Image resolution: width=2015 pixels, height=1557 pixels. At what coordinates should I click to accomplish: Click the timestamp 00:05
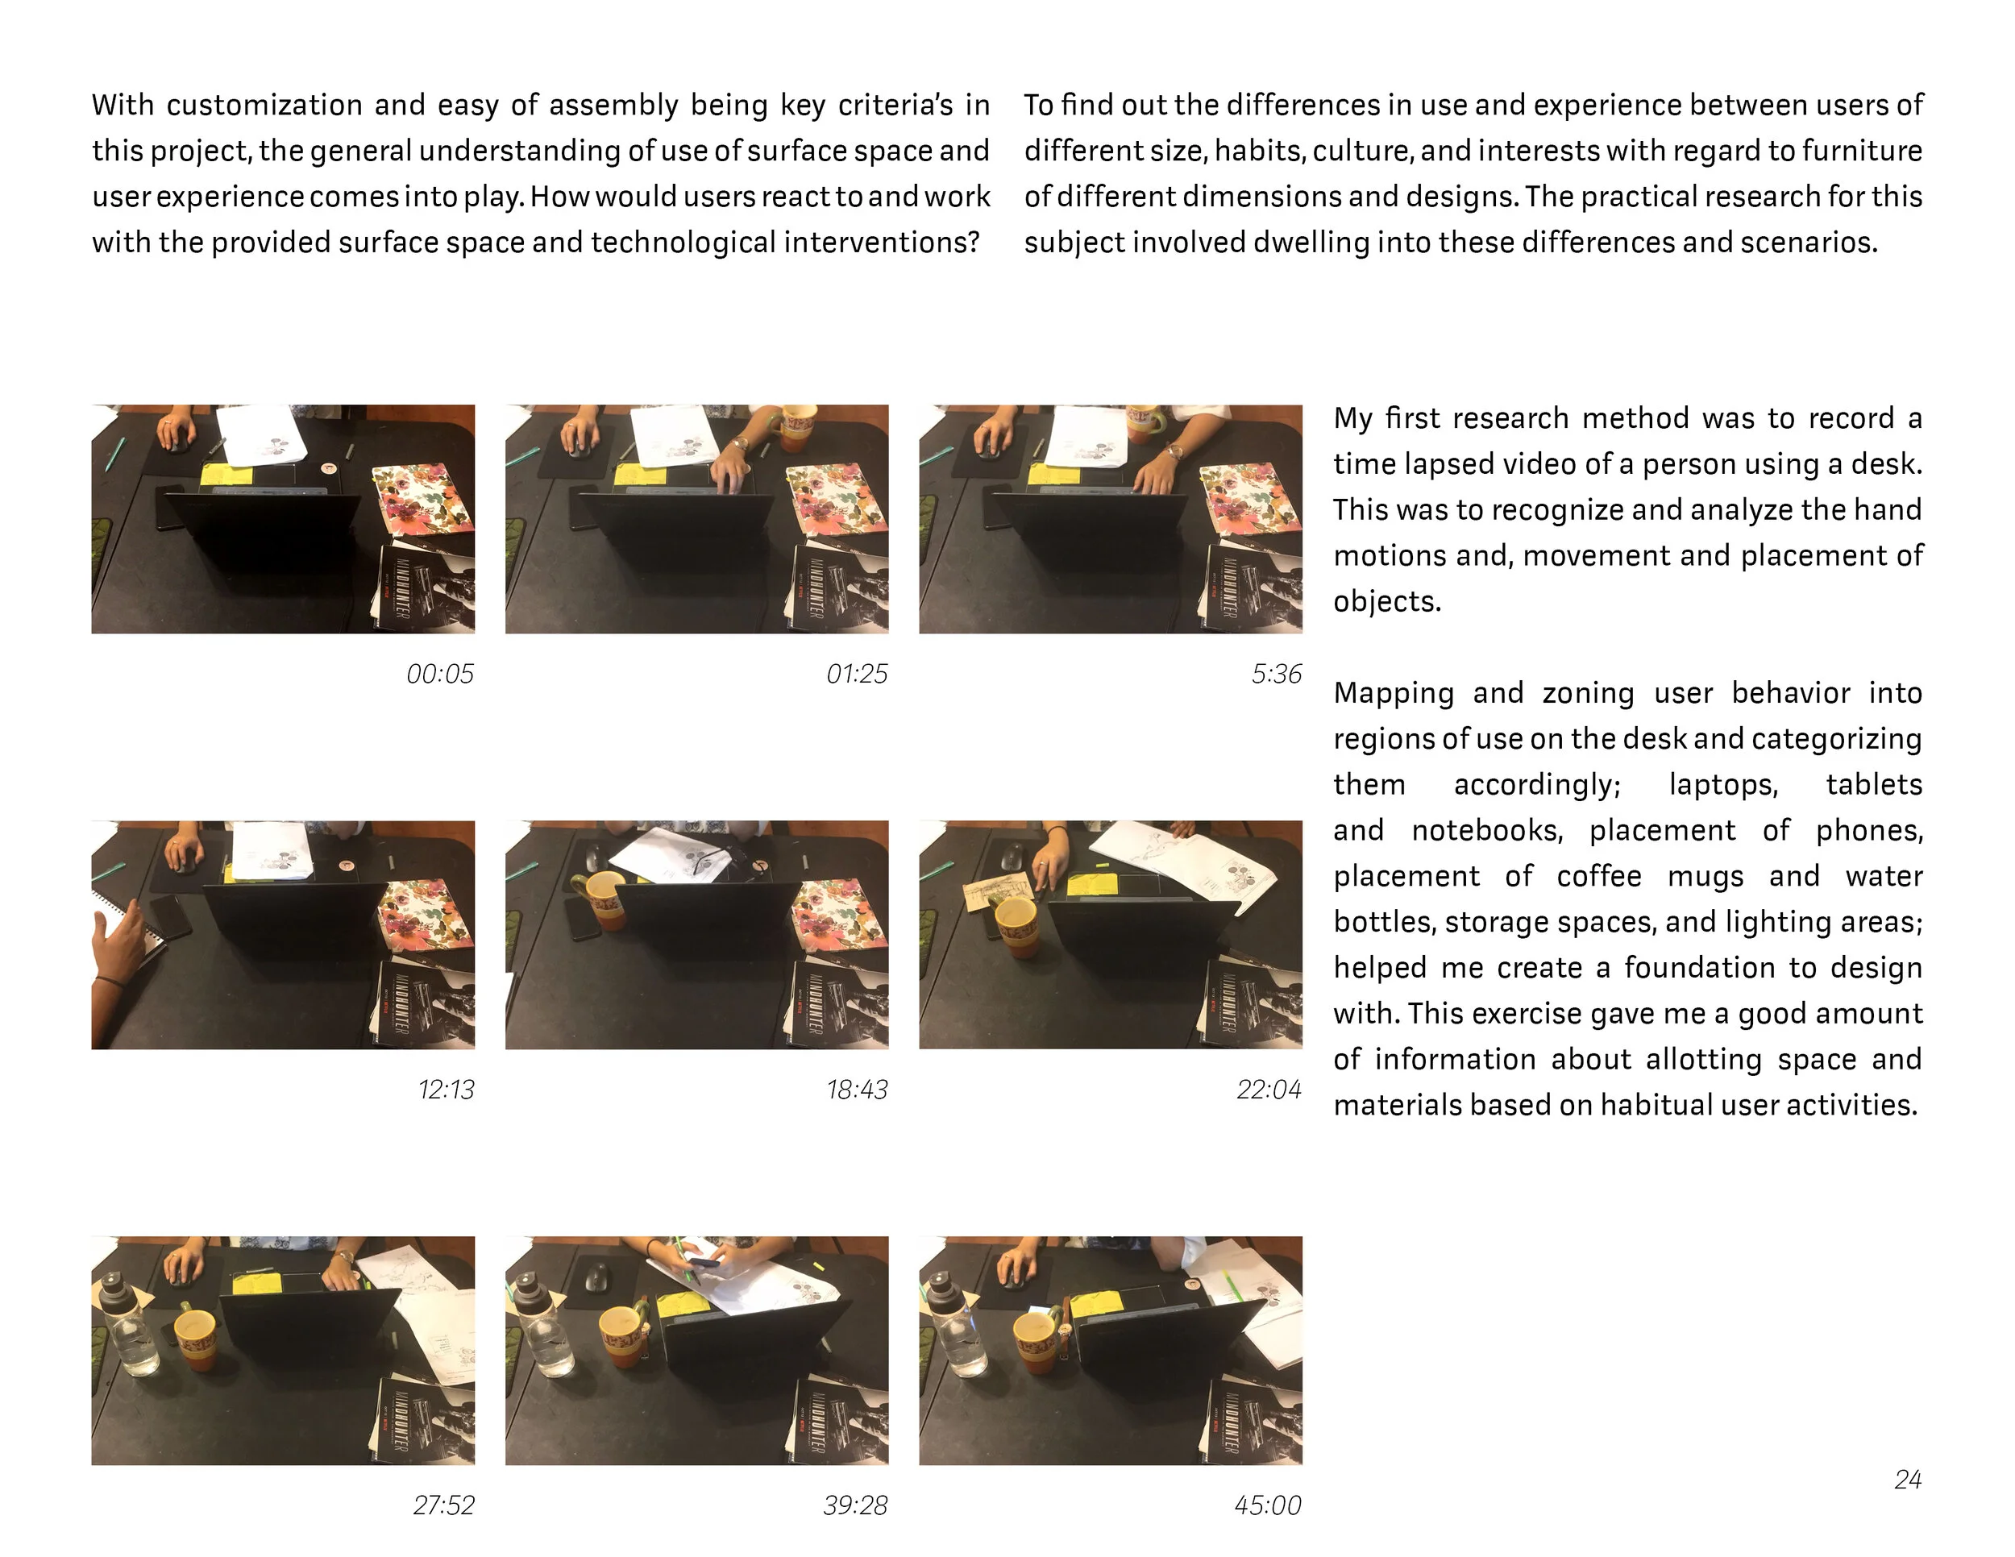pos(440,675)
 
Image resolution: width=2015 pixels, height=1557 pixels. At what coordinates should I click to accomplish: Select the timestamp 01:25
pos(857,675)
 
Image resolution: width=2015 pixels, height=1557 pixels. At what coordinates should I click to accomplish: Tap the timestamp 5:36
pos(1276,675)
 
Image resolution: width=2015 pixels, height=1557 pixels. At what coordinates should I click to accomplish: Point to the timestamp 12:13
pos(446,1090)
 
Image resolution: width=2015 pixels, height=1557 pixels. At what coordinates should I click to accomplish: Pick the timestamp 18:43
pos(857,1090)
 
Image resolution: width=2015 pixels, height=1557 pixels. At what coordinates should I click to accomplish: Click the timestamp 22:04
pos(1269,1090)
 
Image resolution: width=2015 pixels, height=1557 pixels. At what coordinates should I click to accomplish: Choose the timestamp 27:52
pos(444,1506)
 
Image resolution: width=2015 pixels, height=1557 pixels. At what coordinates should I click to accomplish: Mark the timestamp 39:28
pos(855,1506)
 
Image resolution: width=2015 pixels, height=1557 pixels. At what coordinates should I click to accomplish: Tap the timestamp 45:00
pos(1268,1506)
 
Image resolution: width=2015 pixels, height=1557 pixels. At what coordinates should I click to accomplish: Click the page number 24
pos(1908,1480)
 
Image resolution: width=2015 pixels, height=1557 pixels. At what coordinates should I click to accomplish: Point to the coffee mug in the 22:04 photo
pos(1016,927)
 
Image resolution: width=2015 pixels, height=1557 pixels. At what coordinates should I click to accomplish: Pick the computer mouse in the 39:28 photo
pos(596,1277)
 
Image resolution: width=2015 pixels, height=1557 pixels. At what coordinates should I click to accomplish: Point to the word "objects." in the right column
pos(1386,601)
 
